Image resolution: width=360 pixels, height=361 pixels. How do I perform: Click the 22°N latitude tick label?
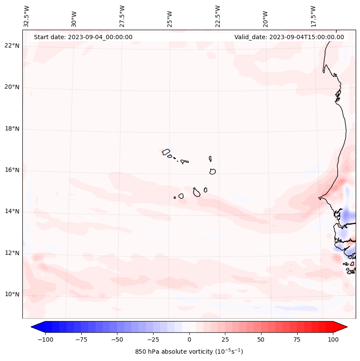coord(12,46)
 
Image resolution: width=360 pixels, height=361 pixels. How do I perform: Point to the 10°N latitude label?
coord(12,295)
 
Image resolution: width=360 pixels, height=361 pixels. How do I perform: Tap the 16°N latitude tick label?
coord(12,170)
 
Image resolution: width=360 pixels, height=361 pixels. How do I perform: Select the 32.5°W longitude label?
coord(27,16)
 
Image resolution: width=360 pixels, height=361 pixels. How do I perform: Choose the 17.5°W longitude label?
coord(313,16)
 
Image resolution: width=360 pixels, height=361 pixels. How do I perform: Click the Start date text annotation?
coord(83,37)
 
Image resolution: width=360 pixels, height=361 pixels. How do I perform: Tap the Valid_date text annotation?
coord(289,37)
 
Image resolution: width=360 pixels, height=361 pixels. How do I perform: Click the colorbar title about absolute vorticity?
coord(189,352)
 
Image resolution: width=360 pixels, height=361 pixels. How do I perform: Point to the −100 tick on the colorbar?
coord(45,339)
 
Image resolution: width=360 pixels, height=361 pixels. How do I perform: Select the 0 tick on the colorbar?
coord(189,339)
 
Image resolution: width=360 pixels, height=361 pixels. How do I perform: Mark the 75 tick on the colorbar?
coord(297,339)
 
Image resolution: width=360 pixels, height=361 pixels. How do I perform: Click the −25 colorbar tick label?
coord(153,339)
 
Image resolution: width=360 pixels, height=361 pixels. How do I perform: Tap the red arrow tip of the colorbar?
coord(344,327)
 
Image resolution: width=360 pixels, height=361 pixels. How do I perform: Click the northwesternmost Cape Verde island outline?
coord(166,152)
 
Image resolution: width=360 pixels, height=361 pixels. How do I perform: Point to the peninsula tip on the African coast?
coord(319,198)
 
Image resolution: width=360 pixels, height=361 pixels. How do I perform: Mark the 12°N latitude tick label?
coord(12,253)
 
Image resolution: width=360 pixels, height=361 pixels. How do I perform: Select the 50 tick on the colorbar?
coord(261,339)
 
